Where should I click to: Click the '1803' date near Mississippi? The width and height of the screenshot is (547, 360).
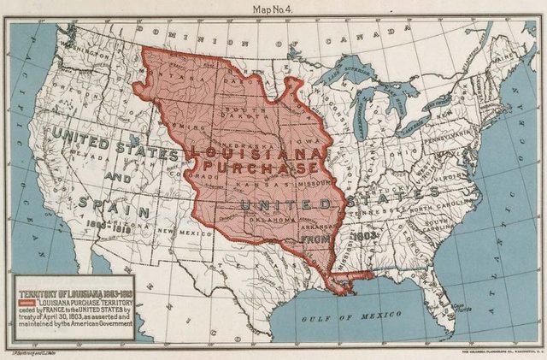[364, 233]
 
